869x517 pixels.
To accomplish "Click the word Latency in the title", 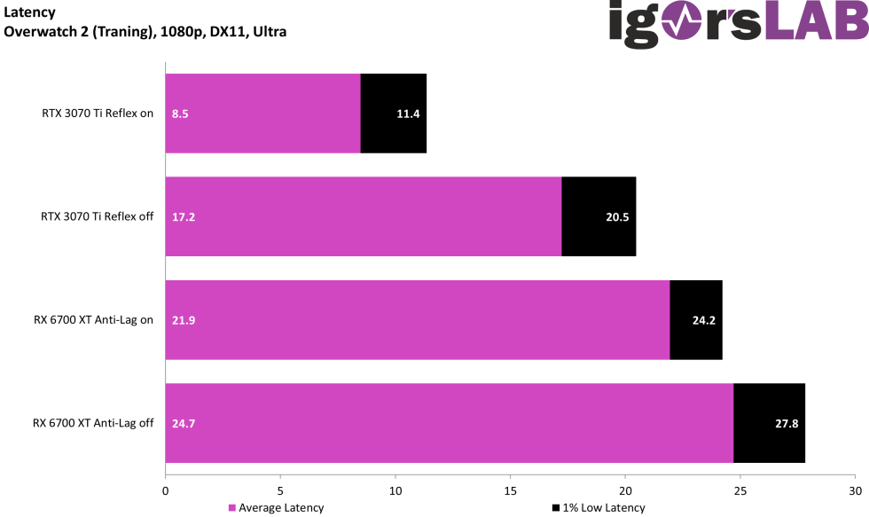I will (x=29, y=12).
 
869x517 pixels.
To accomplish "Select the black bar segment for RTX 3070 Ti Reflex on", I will (x=394, y=114).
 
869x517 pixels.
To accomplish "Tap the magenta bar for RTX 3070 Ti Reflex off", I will (x=364, y=216).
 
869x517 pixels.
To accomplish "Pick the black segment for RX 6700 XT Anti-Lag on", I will (x=696, y=320).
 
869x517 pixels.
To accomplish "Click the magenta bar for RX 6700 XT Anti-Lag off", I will (x=450, y=423).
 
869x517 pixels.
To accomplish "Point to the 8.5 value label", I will (x=180, y=114).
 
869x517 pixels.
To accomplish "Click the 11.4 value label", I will (x=408, y=114).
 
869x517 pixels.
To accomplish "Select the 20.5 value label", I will (x=617, y=216).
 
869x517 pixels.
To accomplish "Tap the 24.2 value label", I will (x=703, y=320).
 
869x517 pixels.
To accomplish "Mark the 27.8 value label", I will (x=787, y=423).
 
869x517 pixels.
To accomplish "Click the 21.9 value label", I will (x=183, y=320).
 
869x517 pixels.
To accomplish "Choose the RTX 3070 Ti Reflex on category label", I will (x=98, y=114).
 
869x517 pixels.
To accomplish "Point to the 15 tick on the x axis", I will (x=510, y=490).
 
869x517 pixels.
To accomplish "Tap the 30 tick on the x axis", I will (x=855, y=490).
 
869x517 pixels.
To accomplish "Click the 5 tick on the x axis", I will (x=280, y=490).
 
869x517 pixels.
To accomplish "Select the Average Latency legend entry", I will (x=276, y=508).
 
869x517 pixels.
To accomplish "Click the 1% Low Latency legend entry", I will (x=599, y=508).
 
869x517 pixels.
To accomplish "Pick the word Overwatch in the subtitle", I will (x=39, y=32).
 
